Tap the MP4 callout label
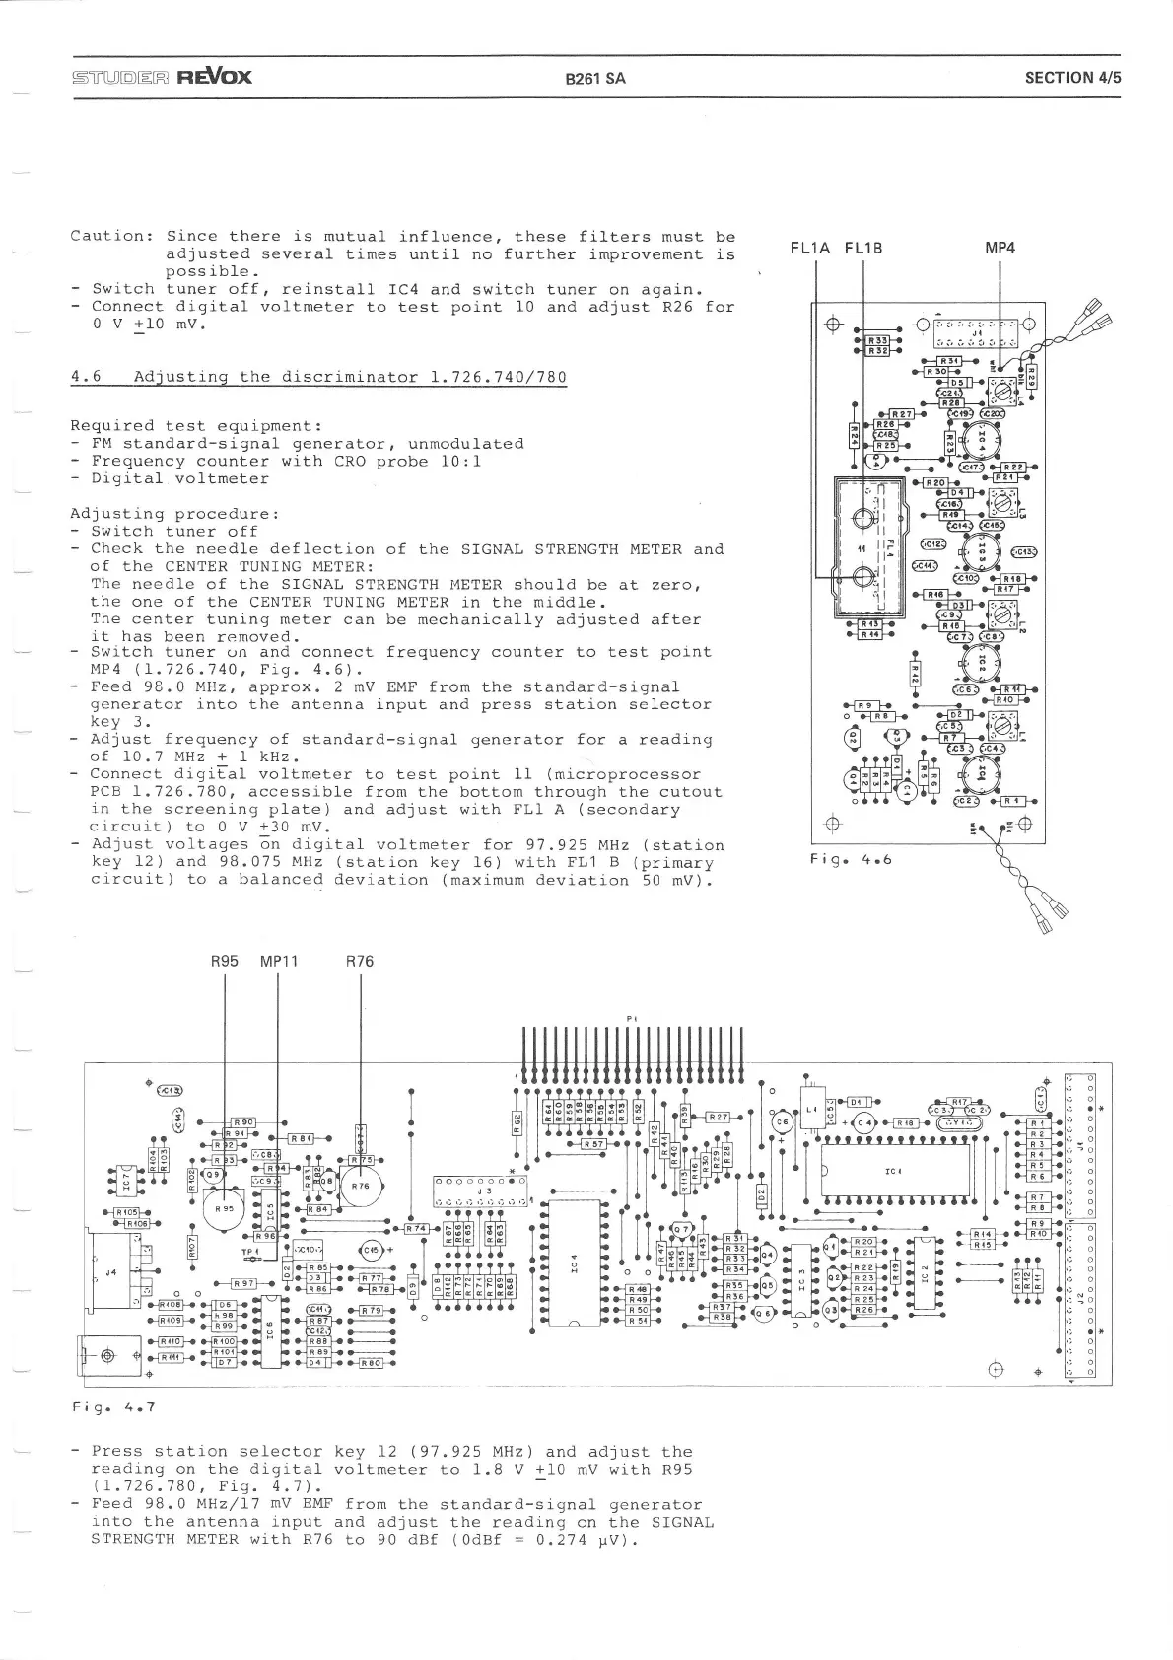tap(1000, 248)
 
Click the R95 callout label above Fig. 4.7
tap(227, 961)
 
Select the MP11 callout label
tap(279, 961)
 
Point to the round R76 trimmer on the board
tap(361, 1187)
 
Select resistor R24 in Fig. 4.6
tap(854, 436)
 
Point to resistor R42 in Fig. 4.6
tap(914, 675)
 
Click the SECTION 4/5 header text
tap(1072, 78)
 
